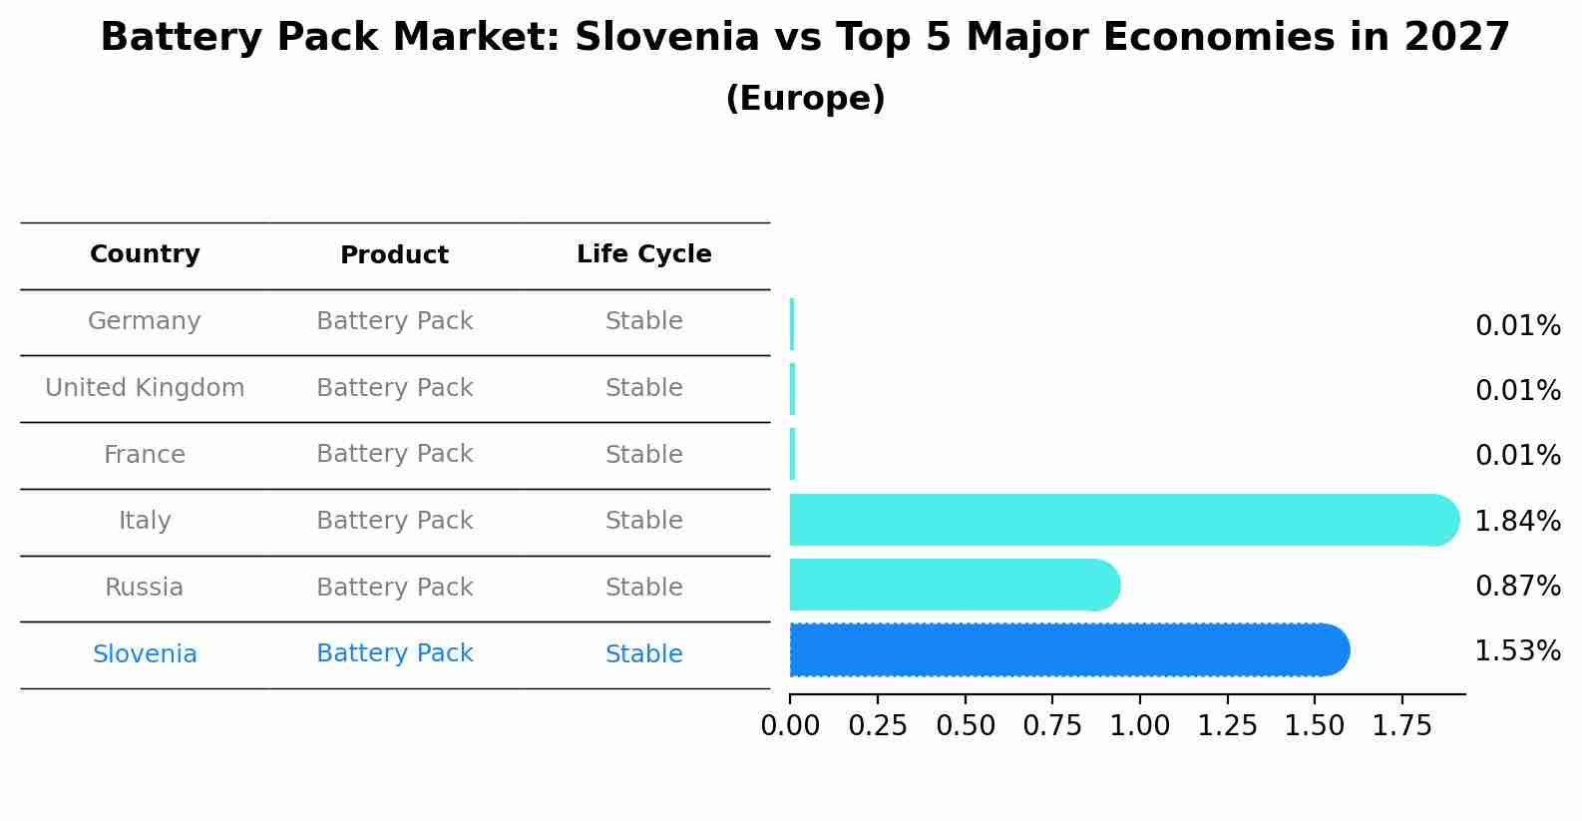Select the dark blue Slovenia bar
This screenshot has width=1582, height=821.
pos(1067,650)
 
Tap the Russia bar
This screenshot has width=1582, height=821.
pos(953,585)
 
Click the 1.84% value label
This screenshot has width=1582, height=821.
pos(1517,521)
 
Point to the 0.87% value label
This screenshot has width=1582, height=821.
pos(1517,587)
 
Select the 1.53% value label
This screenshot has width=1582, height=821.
pos(1517,651)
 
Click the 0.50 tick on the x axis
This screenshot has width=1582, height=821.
pos(965,726)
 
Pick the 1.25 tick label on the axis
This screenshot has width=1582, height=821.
pos(1227,726)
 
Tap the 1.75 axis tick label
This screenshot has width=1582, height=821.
pos(1401,726)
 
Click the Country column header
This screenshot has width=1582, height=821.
pos(145,254)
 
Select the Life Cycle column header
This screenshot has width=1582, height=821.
pos(643,254)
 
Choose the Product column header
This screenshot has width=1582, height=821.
pos(394,255)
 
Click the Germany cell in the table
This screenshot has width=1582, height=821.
pos(145,321)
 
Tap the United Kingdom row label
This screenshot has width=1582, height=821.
pos(145,388)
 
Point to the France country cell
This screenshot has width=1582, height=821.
pos(145,455)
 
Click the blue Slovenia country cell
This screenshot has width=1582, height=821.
pos(145,654)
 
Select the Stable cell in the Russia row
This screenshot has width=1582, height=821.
pos(643,588)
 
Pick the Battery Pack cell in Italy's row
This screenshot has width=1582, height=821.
pos(394,521)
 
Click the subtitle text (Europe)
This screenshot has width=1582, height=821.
pos(805,99)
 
